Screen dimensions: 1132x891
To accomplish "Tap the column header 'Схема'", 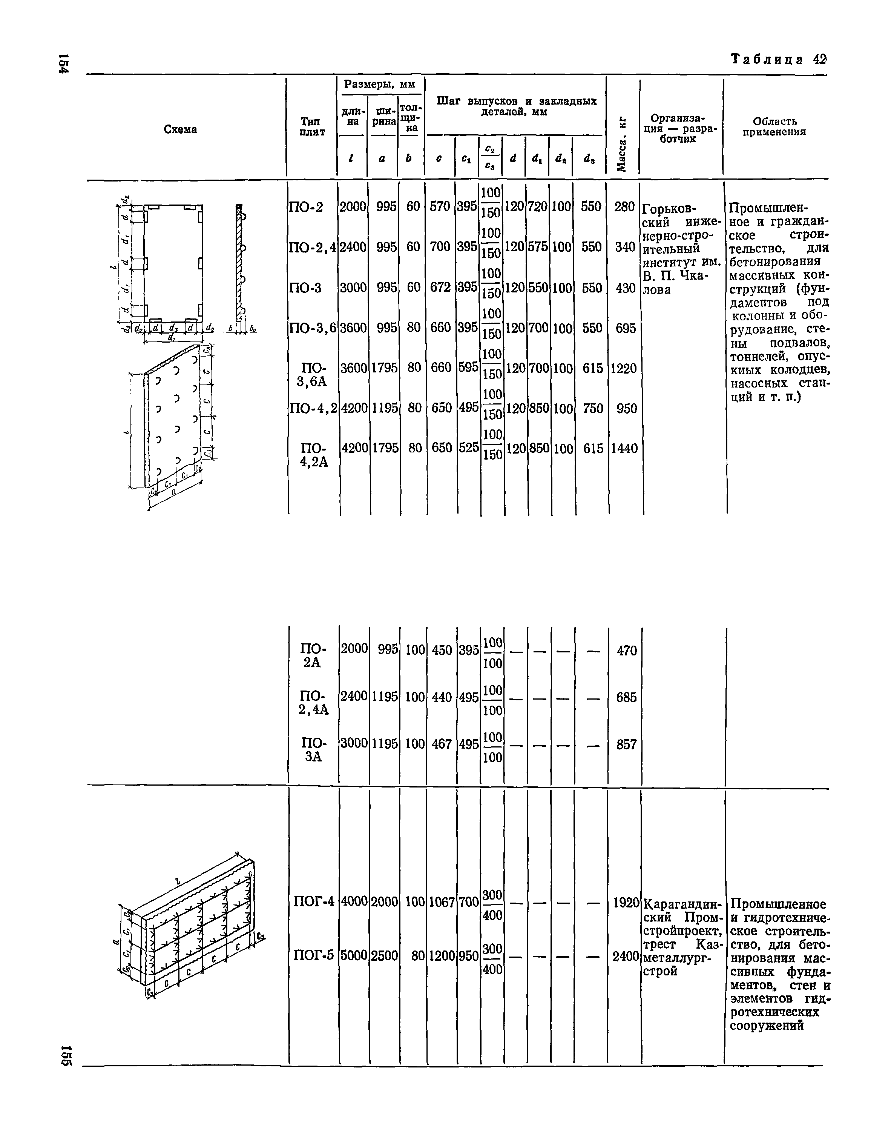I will pyautogui.click(x=180, y=129).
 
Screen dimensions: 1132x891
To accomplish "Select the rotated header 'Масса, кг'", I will pyautogui.click(x=622, y=146).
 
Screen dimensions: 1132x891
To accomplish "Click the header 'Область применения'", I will pyautogui.click(x=774, y=127).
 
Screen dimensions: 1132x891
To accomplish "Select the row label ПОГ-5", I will pyautogui.click(x=313, y=955).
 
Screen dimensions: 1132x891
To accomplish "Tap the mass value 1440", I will pyautogui.click(x=624, y=448).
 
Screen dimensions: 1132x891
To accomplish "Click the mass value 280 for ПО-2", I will pyautogui.click(x=624, y=207).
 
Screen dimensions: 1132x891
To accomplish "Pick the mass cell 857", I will pyautogui.click(x=626, y=744).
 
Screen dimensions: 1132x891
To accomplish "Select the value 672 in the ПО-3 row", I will pyautogui.click(x=441, y=288).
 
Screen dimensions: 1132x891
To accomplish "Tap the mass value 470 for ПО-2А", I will pyautogui.click(x=626, y=650).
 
